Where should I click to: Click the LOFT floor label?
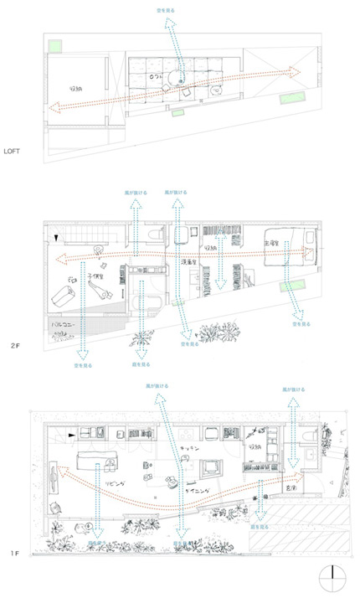pos(14,152)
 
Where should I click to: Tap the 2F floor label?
pos(14,345)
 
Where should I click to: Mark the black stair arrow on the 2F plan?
pos(57,239)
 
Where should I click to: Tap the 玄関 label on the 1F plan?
pos(291,487)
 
